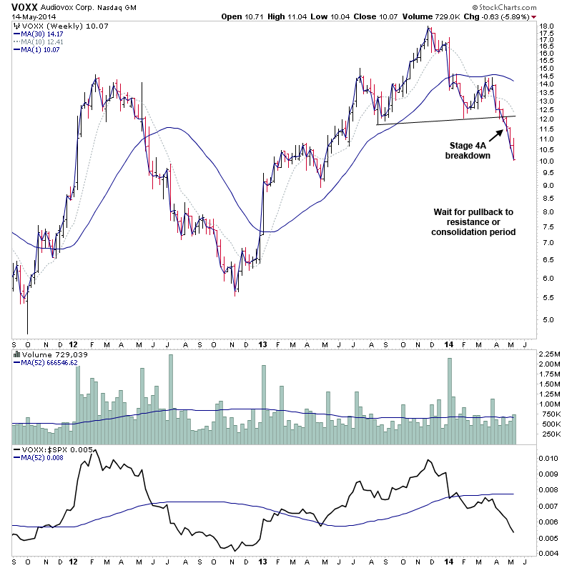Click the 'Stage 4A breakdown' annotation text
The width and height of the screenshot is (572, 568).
pyautogui.click(x=468, y=149)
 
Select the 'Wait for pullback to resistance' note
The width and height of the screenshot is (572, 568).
pyautogui.click(x=473, y=222)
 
